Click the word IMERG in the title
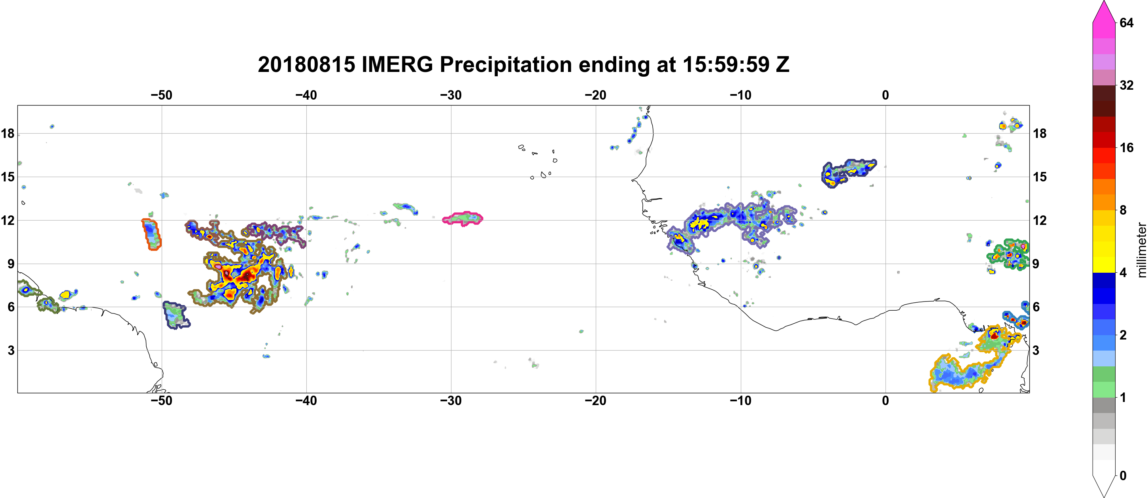[397, 64]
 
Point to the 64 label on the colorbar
[1126, 23]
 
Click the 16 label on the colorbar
[1126, 147]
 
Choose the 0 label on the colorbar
[1123, 476]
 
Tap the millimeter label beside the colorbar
[1141, 250]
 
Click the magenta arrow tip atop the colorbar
[1103, 3]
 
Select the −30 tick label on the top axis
[451, 95]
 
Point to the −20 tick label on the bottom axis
[595, 401]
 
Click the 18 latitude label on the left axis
[8, 133]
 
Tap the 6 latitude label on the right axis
[1036, 307]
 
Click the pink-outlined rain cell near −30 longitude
[463, 219]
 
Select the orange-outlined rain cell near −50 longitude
[151, 234]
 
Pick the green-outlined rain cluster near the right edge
[1008, 255]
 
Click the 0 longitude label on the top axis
[885, 95]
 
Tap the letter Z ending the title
[783, 64]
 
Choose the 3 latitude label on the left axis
[11, 351]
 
